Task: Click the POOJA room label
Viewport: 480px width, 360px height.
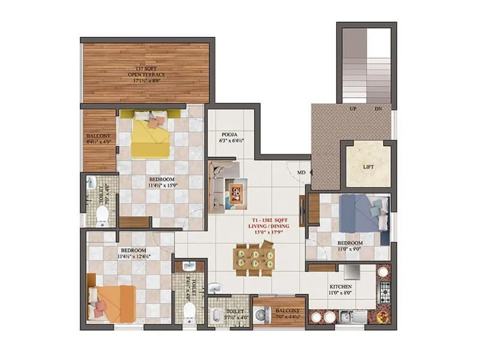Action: pos(230,136)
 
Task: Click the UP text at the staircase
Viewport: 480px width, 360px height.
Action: pos(354,109)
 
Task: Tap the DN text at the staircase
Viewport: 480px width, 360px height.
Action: pos(378,109)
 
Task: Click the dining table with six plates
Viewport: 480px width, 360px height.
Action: pos(254,259)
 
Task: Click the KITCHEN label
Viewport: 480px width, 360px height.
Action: pos(340,287)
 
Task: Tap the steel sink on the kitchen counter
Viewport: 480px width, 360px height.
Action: pos(349,316)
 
